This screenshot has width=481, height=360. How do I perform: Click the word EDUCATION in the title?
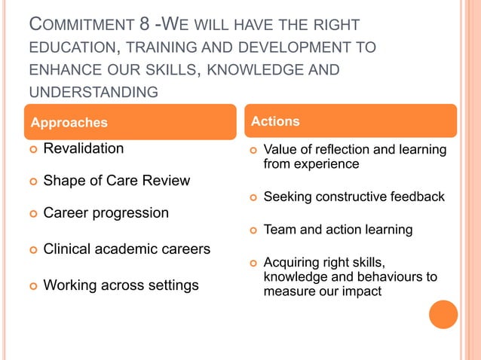(x=71, y=48)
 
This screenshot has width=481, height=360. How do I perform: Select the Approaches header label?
(x=69, y=122)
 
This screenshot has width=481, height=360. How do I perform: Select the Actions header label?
(x=275, y=121)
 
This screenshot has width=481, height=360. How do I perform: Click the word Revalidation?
(x=84, y=148)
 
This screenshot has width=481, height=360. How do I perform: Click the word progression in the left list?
(x=132, y=213)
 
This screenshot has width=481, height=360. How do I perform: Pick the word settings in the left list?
(x=173, y=285)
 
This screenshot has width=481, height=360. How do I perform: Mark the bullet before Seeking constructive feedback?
(x=253, y=198)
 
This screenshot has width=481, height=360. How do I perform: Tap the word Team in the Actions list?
(x=279, y=230)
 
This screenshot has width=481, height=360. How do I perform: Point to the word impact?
(x=361, y=291)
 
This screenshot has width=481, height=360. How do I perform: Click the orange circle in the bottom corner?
(x=443, y=314)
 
